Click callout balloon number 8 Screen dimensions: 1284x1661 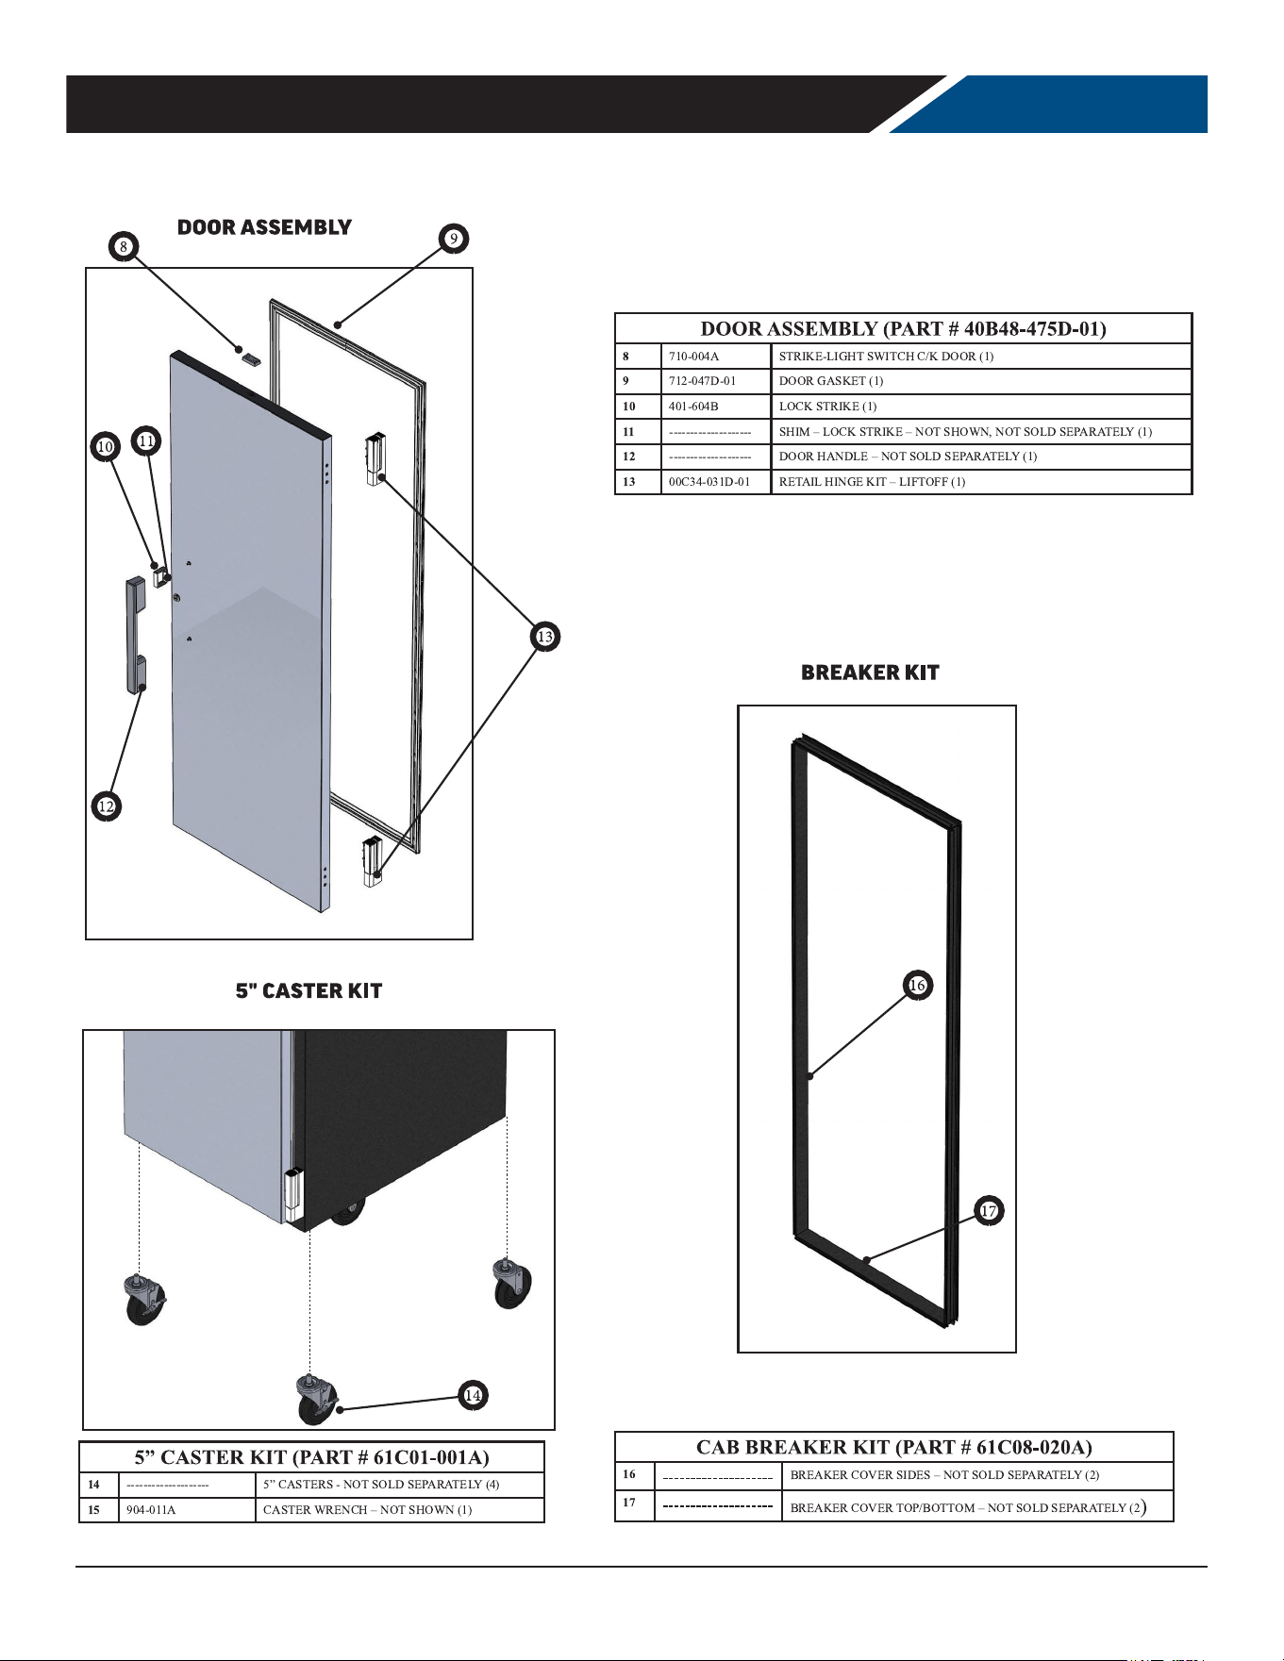(x=123, y=247)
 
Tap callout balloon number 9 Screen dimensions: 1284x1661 (x=454, y=239)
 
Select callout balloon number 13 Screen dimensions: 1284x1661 (x=545, y=637)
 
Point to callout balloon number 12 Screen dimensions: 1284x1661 (x=107, y=806)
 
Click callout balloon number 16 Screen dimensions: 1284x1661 (x=918, y=986)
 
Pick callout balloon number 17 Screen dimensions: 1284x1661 (x=989, y=1210)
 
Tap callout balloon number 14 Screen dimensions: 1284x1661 (x=474, y=1395)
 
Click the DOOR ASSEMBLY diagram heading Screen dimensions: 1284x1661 (x=264, y=227)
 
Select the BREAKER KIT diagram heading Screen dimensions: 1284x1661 (x=870, y=673)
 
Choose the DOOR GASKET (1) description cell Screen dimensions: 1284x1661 (x=981, y=381)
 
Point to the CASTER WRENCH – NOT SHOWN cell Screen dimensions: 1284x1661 (x=400, y=1510)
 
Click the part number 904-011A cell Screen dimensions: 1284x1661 (x=190, y=1510)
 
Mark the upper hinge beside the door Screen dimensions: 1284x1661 (x=375, y=457)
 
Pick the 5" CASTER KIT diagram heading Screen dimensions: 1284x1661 (x=308, y=991)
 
